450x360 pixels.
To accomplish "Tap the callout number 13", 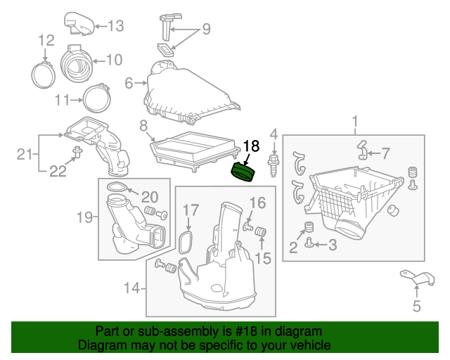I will click(x=115, y=26).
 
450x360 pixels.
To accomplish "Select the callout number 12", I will click(x=45, y=39).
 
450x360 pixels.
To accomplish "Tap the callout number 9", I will click(x=206, y=29).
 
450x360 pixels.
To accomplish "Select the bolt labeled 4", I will click(x=273, y=162).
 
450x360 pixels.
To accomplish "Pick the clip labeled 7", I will click(x=363, y=150).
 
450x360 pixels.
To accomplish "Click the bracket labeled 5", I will click(x=414, y=279).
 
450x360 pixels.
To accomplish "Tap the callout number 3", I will click(x=333, y=244).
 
